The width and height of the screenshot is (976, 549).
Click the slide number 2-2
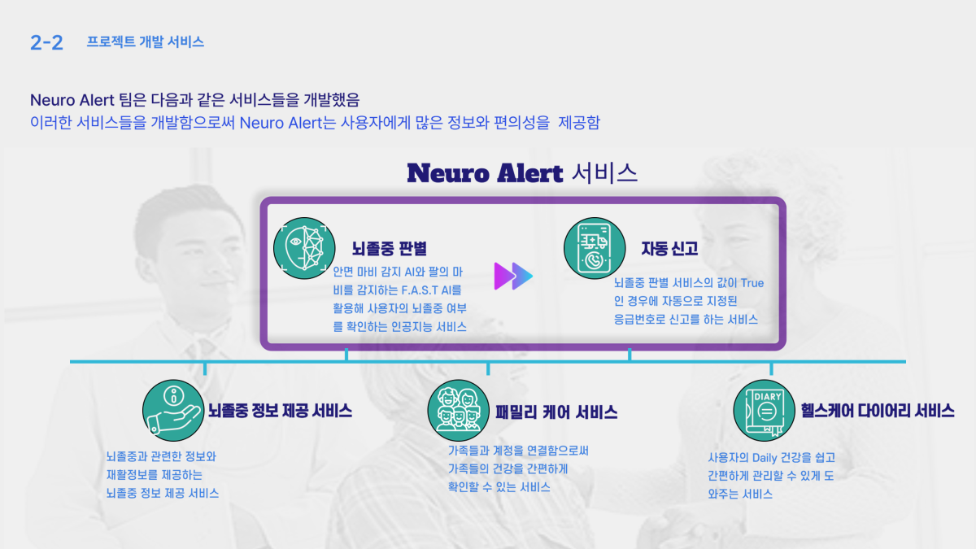pyautogui.click(x=46, y=43)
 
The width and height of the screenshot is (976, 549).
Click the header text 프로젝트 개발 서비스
pyautogui.click(x=145, y=42)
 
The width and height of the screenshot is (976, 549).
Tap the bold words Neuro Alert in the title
pyautogui.click(x=485, y=172)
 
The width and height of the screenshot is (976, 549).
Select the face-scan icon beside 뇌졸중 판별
pyautogui.click(x=303, y=244)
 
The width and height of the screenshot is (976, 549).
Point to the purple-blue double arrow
pyautogui.click(x=513, y=277)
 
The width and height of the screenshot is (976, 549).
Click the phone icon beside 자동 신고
pyautogui.click(x=595, y=246)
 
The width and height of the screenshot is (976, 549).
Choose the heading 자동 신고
pyautogui.click(x=669, y=247)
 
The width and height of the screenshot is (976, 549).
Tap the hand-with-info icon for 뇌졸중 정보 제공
pyautogui.click(x=172, y=408)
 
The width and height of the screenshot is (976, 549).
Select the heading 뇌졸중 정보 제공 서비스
pyautogui.click(x=280, y=411)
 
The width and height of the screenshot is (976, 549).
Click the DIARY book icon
pyautogui.click(x=764, y=410)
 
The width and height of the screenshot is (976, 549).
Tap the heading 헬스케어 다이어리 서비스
pyautogui.click(x=877, y=411)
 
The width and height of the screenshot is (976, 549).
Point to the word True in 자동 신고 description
pyautogui.click(x=750, y=283)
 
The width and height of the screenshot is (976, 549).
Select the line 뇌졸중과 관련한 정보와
pyautogui.click(x=161, y=457)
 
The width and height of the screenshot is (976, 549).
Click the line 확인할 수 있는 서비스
pyautogui.click(x=499, y=487)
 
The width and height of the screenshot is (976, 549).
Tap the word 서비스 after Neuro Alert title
pyautogui.click(x=604, y=172)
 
